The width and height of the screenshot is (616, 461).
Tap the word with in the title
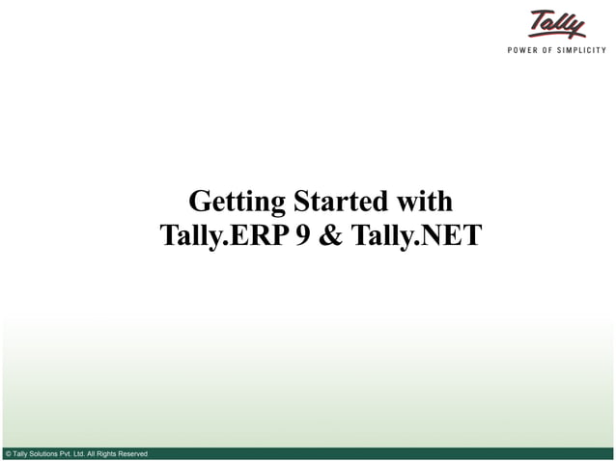click(423, 202)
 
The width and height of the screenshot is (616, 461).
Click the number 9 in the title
click(303, 235)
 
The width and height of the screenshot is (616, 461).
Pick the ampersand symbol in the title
click(330, 235)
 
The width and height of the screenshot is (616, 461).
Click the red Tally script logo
click(557, 24)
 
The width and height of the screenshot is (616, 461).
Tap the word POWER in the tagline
click(526, 50)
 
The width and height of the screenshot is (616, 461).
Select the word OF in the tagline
click(554, 50)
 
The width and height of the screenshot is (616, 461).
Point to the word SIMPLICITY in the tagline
click(586, 50)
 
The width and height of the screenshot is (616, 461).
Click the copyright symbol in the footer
click(8, 453)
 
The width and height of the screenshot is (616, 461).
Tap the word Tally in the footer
click(20, 453)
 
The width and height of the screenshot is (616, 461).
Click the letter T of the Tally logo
click(538, 19)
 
